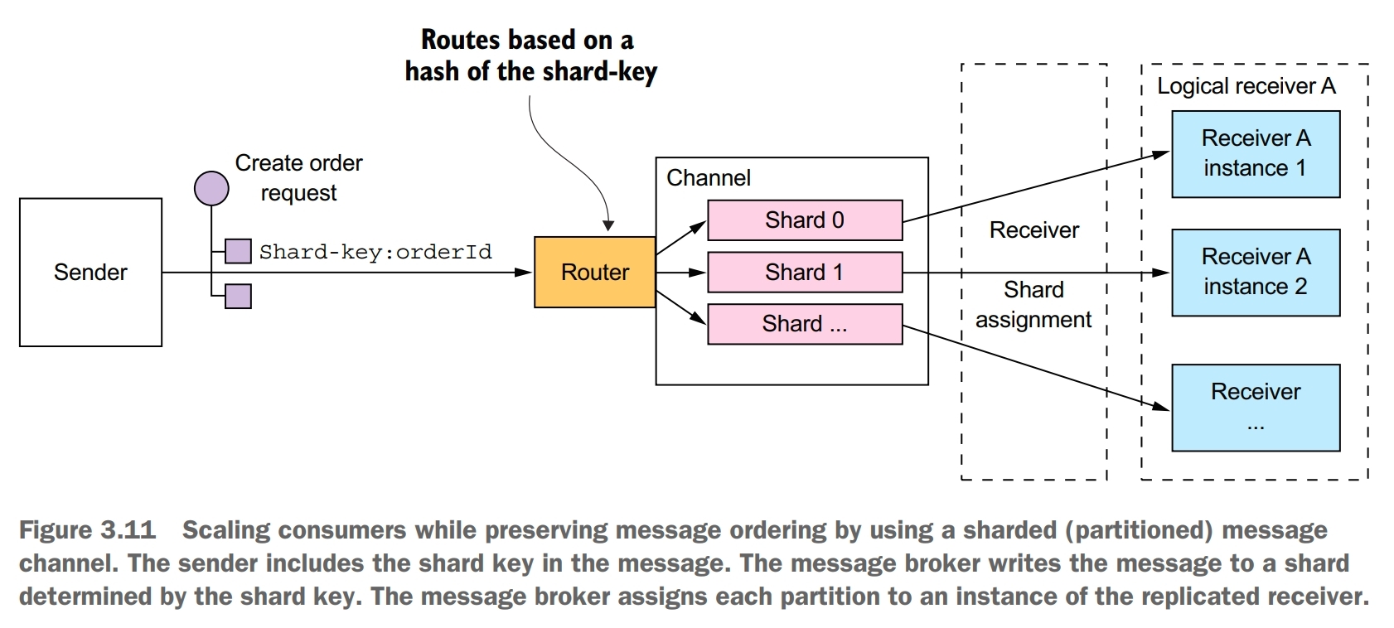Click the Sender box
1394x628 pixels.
click(x=90, y=272)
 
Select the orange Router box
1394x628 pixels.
click(x=594, y=272)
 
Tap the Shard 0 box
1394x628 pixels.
click(x=804, y=220)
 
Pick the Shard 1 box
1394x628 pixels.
click(x=804, y=273)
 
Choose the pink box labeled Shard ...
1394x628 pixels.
click(x=804, y=324)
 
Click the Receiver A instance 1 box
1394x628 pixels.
click(x=1255, y=153)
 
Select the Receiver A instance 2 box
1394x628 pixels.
click(x=1255, y=272)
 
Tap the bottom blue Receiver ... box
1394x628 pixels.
click(x=1255, y=407)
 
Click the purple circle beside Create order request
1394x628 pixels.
click(x=211, y=189)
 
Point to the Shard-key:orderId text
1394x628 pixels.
click(x=375, y=252)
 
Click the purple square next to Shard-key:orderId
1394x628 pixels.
click(x=238, y=251)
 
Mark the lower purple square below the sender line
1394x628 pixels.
click(x=238, y=296)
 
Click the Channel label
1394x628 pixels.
click(x=708, y=178)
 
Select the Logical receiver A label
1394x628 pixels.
click(x=1246, y=86)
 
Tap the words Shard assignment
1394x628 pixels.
click(x=1033, y=305)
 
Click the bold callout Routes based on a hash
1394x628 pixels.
click(x=530, y=56)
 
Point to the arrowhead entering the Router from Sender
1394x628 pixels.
click(x=525, y=272)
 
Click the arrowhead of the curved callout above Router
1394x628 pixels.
click(x=608, y=225)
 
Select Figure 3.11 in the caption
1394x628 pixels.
click(x=87, y=530)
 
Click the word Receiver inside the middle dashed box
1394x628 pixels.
click(x=1033, y=230)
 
